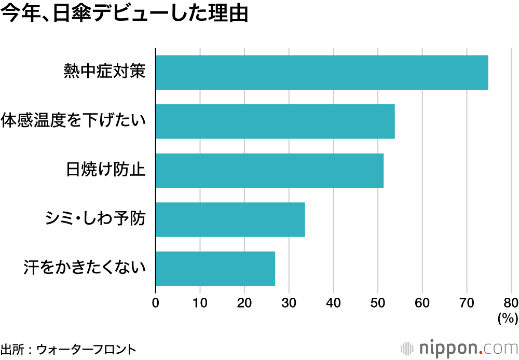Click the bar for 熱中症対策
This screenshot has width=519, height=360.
tap(322, 72)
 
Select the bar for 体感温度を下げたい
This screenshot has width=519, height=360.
tap(275, 121)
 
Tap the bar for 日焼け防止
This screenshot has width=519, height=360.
tap(269, 170)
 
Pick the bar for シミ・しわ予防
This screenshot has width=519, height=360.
tap(230, 219)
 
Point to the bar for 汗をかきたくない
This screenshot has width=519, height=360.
tap(215, 268)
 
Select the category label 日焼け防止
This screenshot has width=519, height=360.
tap(105, 170)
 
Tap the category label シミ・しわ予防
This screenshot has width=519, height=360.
tap(94, 219)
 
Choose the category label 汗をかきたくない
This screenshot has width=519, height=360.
tap(84, 268)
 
